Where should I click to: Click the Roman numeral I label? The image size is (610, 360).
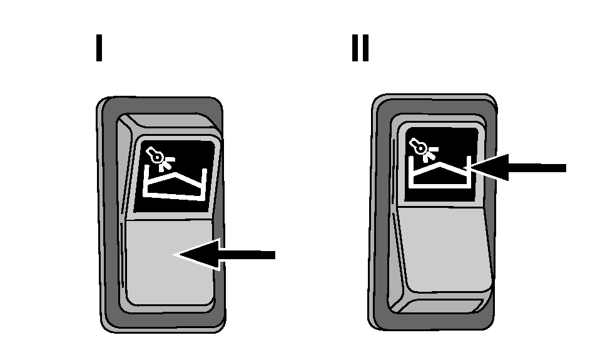click(99, 48)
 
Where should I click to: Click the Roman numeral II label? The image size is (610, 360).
click(360, 48)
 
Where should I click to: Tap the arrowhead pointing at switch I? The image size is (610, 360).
click(198, 255)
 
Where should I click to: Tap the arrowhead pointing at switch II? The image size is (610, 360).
click(487, 167)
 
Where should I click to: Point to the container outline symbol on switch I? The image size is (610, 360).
click(175, 185)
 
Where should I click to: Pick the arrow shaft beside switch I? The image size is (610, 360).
click(247, 255)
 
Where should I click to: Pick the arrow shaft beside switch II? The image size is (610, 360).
click(537, 168)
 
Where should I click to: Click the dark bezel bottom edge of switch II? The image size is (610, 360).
click(432, 321)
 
